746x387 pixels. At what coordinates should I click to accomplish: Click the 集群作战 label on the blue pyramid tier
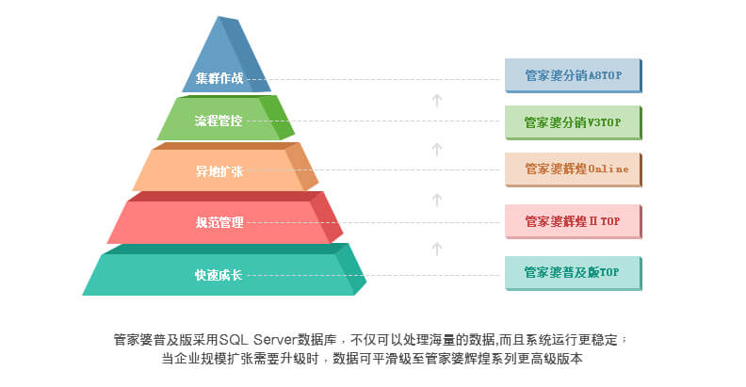[x=219, y=79]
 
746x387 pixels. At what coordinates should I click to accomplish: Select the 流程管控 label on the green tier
[x=219, y=121]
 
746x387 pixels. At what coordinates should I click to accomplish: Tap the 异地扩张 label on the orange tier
[x=219, y=171]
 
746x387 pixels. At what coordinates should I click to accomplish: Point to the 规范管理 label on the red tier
[x=219, y=223]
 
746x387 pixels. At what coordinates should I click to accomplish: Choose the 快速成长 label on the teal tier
[x=219, y=275]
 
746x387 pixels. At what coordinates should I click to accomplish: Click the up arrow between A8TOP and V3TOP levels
[x=437, y=99]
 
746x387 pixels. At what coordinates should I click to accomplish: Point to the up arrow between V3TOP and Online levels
[x=437, y=149]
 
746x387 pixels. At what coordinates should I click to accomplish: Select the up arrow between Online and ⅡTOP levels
[x=437, y=199]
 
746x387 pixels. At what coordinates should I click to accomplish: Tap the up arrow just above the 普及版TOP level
[x=437, y=249]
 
